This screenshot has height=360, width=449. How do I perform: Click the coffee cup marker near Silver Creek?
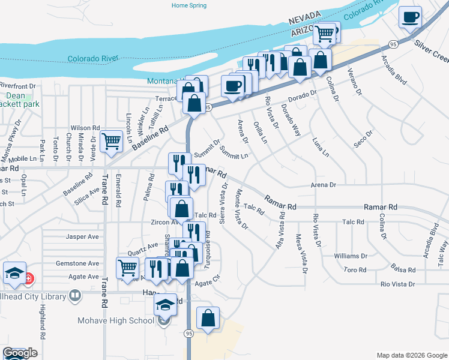coord(411,17)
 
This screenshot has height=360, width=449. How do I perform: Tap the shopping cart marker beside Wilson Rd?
coord(112,142)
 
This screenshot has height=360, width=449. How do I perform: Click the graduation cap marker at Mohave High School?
coord(166,305)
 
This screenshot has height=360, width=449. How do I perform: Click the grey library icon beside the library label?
coord(75,295)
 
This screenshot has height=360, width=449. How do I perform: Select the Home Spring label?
coord(189,5)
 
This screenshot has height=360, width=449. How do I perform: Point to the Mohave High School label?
coord(116,320)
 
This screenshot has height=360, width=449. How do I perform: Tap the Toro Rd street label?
coord(355,269)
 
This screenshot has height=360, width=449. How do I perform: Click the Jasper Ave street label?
coord(82,236)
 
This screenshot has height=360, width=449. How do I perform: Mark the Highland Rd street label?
coord(43,319)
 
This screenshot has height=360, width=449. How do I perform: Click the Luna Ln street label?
coord(321,147)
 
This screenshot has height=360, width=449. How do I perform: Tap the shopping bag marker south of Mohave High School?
coord(208,319)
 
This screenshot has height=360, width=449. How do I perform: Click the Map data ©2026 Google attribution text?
coord(411,355)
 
